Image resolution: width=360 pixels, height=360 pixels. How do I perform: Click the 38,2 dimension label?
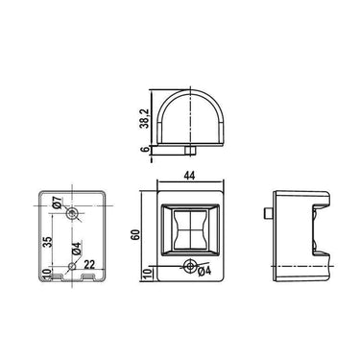click(x=144, y=118)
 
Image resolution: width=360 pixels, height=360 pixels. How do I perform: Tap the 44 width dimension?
click(x=189, y=176)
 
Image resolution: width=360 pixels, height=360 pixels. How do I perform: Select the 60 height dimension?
click(x=135, y=234)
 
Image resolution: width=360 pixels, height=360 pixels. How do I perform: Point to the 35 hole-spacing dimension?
click(x=47, y=242)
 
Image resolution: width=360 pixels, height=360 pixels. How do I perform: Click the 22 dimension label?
click(x=89, y=264)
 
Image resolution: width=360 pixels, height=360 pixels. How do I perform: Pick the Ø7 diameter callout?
click(x=58, y=203)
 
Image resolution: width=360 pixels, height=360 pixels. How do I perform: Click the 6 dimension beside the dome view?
click(x=144, y=149)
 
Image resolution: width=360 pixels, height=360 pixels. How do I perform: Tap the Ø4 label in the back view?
click(x=77, y=249)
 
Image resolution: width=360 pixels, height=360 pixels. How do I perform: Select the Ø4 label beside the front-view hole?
click(x=204, y=271)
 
